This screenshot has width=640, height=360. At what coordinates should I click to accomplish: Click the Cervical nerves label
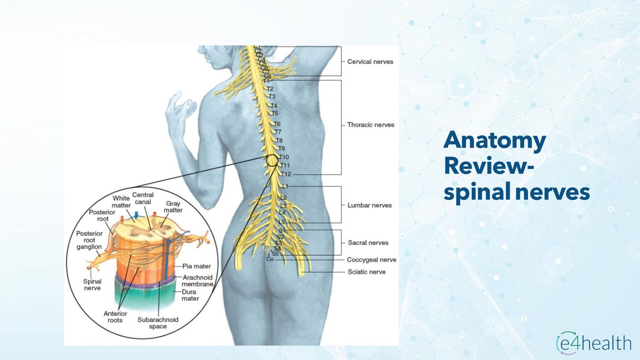click(x=370, y=62)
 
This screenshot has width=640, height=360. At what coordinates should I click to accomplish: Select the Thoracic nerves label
click(x=370, y=125)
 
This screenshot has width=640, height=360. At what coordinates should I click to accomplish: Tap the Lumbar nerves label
click(x=369, y=205)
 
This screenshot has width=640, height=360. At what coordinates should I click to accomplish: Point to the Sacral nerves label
click(x=368, y=243)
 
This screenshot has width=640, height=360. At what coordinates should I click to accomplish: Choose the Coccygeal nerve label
click(x=371, y=260)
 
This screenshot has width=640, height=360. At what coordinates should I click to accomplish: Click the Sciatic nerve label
click(x=366, y=272)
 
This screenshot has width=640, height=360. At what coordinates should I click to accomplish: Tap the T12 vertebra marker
click(x=286, y=174)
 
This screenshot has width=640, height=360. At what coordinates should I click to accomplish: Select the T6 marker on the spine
click(x=277, y=124)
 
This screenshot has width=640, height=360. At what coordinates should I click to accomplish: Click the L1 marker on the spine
click(x=285, y=186)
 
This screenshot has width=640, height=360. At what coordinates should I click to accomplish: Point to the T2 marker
click(x=270, y=89)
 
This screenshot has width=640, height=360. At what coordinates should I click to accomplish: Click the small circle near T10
click(x=272, y=160)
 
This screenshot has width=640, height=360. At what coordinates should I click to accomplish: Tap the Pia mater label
click(x=196, y=266)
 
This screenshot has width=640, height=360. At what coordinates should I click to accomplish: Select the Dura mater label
click(x=190, y=295)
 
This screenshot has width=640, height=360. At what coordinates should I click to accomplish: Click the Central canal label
click(x=143, y=198)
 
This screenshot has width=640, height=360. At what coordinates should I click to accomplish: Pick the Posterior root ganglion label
click(x=89, y=240)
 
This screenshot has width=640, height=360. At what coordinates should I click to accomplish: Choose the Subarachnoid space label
click(x=158, y=323)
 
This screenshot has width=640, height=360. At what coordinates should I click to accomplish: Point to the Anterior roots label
click(x=115, y=317)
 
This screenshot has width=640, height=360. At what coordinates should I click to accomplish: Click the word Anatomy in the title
click(x=494, y=140)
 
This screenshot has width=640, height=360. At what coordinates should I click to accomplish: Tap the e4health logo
click(x=594, y=343)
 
